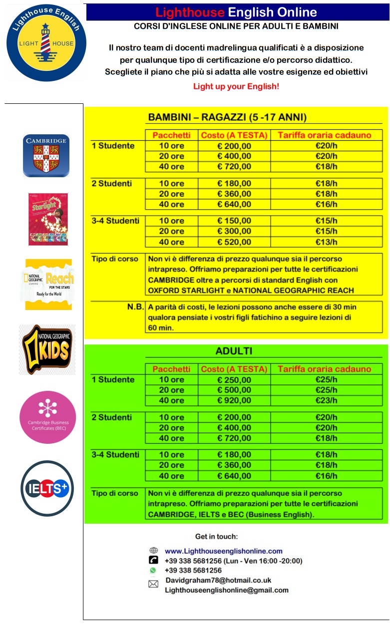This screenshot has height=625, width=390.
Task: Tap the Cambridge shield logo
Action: click(46, 155)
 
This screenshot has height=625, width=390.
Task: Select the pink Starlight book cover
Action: click(48, 219)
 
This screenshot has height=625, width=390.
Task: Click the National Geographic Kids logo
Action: click(47, 349)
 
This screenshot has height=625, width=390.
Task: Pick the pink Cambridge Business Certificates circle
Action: click(48, 417)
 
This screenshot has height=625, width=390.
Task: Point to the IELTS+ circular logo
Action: click(47, 488)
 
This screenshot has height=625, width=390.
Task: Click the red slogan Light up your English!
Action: click(236, 86)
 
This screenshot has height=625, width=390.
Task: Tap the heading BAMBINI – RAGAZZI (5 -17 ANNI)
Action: click(227, 117)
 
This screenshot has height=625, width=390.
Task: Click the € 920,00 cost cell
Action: click(234, 400)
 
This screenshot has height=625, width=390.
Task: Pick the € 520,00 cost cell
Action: click(234, 242)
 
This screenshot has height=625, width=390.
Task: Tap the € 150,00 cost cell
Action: click(234, 221)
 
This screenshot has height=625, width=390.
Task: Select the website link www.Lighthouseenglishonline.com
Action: click(224, 551)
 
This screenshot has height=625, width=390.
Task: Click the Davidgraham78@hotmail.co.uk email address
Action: click(218, 580)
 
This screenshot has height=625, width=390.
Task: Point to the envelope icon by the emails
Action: click(153, 584)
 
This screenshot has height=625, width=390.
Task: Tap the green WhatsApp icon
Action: click(153, 570)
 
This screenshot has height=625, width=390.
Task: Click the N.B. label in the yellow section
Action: click(135, 307)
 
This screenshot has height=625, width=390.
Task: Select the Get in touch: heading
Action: click(217, 537)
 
